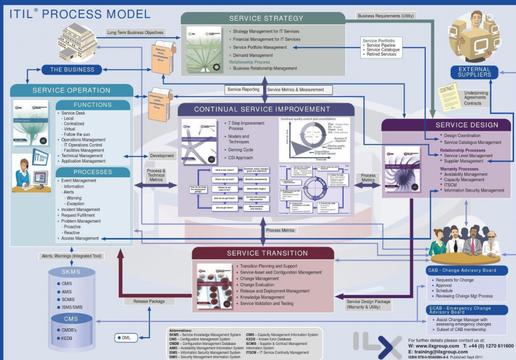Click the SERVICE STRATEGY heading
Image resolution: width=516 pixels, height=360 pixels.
coord(266,19)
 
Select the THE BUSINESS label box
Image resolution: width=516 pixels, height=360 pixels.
coord(72,69)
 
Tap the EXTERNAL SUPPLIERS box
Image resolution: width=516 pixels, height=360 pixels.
coord(474,72)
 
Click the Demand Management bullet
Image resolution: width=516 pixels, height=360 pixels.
coord(252,55)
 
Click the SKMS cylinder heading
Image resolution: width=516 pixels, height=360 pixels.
coord(71,272)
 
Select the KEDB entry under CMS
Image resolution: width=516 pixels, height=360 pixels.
coord(67,338)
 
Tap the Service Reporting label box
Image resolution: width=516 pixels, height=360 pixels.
coord(244,90)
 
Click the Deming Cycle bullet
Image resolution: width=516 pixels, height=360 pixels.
coord(241,150)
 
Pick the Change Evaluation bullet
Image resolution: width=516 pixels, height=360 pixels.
coord(257,285)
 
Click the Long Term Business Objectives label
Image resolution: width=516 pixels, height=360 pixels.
coord(136,33)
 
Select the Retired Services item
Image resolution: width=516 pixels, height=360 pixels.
coord(381,54)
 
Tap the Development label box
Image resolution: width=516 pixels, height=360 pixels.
coord(162,156)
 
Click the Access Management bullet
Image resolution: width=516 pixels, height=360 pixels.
coord(80,239)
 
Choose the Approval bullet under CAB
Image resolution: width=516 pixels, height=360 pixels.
coord(444,285)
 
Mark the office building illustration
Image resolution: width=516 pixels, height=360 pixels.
coord(78,40)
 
